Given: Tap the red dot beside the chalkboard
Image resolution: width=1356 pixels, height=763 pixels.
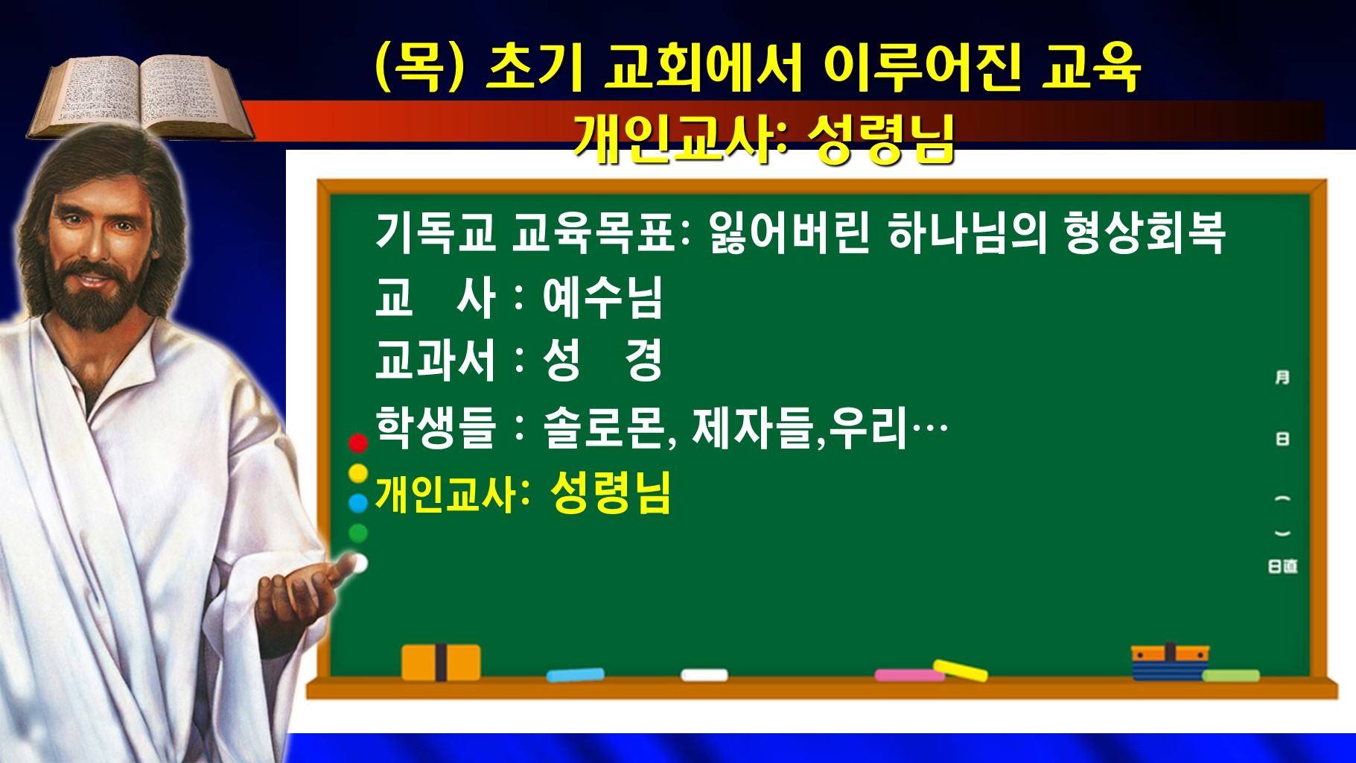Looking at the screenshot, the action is click(358, 443).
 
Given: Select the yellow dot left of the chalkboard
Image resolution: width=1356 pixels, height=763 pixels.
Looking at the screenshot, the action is click(358, 472).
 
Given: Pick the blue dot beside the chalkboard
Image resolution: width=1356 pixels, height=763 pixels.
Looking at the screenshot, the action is click(358, 503).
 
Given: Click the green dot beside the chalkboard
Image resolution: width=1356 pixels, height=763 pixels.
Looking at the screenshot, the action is click(358, 533).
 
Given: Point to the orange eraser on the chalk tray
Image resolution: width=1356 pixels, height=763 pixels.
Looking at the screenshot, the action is click(441, 662).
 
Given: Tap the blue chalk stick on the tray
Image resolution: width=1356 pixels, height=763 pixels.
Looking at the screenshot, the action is click(575, 675).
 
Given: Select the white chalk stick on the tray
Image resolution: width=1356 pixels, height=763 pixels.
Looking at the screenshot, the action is click(704, 675).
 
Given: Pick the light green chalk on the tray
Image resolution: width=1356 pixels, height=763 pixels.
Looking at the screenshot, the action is click(1230, 676).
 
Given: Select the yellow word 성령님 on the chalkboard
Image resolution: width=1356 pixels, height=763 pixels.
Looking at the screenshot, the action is click(611, 493).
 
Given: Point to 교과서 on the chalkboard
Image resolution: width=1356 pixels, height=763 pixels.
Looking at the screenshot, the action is click(436, 361).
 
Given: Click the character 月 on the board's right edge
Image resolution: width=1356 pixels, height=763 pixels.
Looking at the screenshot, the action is click(1282, 378).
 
